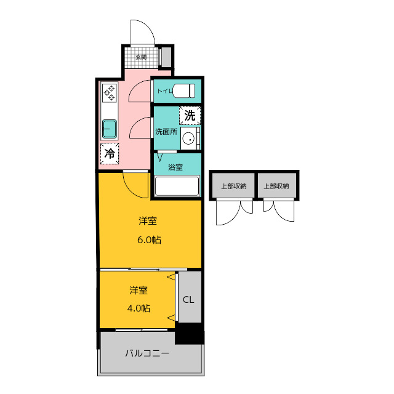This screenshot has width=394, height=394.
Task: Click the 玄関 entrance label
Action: pyautogui.click(x=141, y=57)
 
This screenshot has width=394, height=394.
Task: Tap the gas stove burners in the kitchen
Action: pyautogui.click(x=110, y=93)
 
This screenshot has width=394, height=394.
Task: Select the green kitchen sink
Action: pyautogui.click(x=110, y=129)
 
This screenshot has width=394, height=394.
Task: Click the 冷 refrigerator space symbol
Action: pyautogui.click(x=110, y=153)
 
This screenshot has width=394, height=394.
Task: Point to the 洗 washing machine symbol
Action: pyautogui.click(x=190, y=116)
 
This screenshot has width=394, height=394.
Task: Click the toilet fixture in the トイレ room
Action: pyautogui.click(x=183, y=90)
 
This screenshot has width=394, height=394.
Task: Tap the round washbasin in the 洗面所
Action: pyautogui.click(x=188, y=139)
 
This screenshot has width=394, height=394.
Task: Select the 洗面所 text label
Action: pyautogui.click(x=166, y=131)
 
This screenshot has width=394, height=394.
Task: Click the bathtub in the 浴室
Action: pyautogui.click(x=177, y=186)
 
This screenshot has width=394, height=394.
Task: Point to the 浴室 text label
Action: pyautogui.click(x=175, y=167)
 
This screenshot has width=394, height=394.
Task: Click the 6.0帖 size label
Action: pyautogui.click(x=149, y=240)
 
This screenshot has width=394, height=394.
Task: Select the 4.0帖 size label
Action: pyautogui.click(x=139, y=308)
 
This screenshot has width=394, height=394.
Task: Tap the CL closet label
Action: pyautogui.click(x=188, y=300)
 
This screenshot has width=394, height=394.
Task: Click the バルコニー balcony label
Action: pyautogui.click(x=147, y=353)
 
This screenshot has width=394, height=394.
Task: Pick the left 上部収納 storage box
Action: pyautogui.click(x=233, y=185)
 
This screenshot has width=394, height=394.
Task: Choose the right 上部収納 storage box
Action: pyautogui.click(x=276, y=185)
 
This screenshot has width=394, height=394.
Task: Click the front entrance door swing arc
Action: pyautogui.click(x=148, y=26)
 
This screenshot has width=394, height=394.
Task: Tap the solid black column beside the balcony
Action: pyautogui.click(x=190, y=334)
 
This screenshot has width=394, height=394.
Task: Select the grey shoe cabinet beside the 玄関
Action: pyautogui.click(x=166, y=57)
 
